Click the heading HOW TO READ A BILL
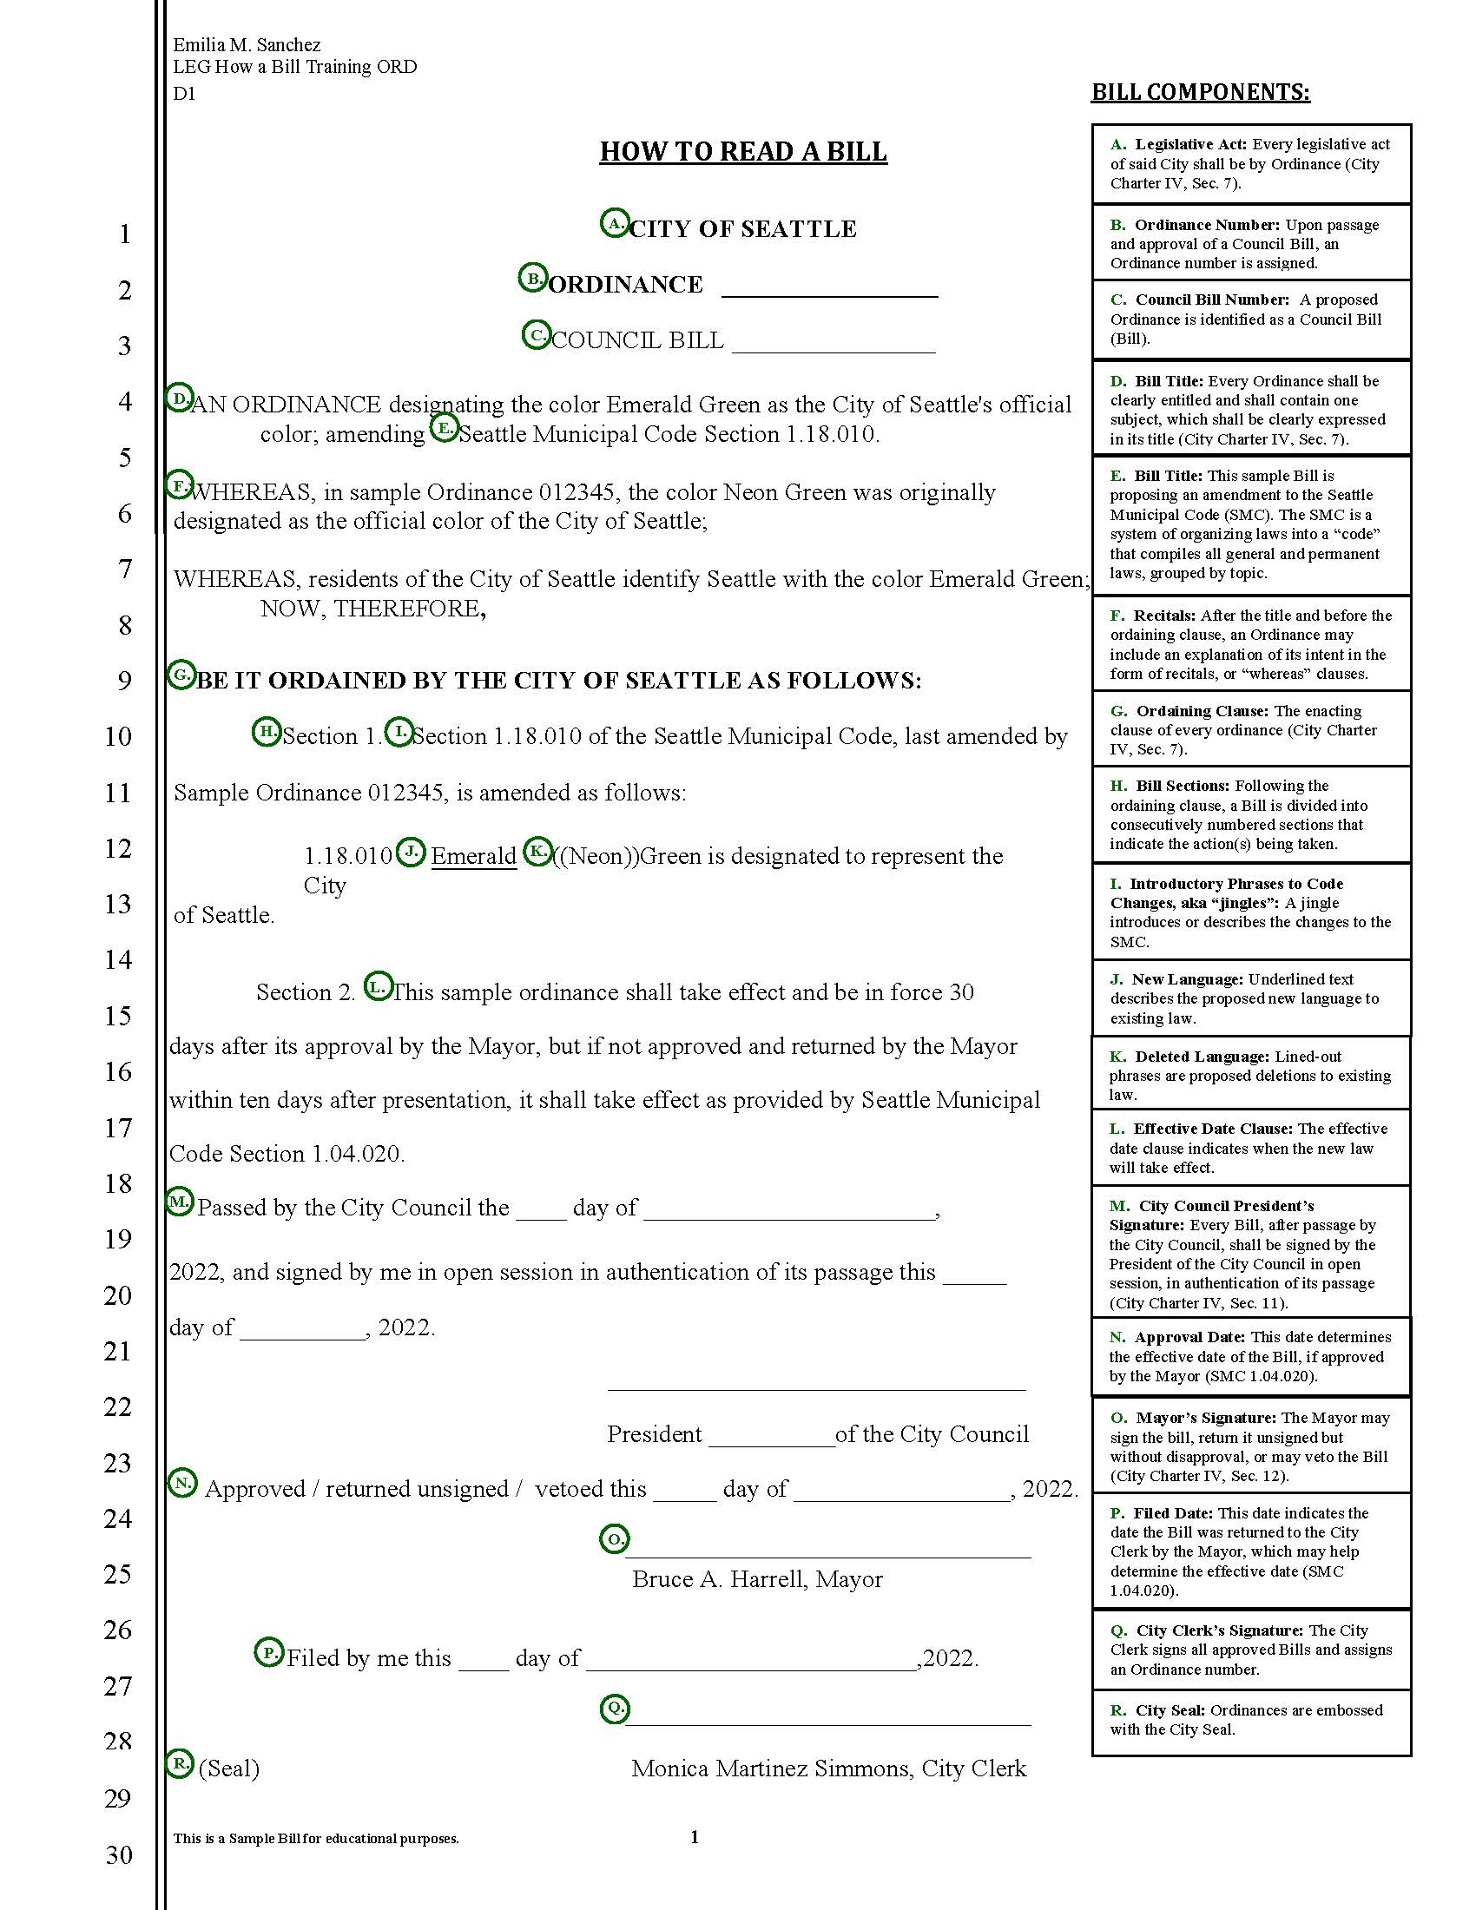[x=742, y=151]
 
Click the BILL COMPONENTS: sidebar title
[x=1200, y=92]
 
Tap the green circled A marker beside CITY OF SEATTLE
[x=615, y=224]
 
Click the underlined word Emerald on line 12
[x=473, y=856]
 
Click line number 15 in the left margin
[x=118, y=1017]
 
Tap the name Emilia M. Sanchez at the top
[x=247, y=44]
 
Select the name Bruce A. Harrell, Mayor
[x=756, y=1579]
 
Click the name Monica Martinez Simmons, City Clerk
[x=828, y=1768]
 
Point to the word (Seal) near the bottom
[x=229, y=1768]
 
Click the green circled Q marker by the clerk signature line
[x=615, y=1707]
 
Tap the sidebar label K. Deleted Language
[x=1189, y=1057]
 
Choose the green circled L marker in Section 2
[x=378, y=987]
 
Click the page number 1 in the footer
[x=695, y=1836]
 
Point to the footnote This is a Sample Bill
[x=316, y=1838]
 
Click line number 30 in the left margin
[x=118, y=1854]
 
